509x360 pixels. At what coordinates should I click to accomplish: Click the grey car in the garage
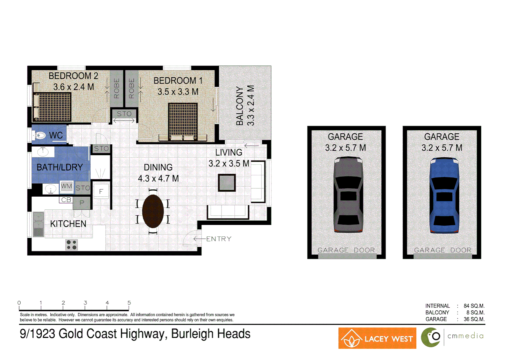348,195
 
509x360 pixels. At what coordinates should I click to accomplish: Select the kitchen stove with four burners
71,245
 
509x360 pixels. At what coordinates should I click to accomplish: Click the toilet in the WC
40,136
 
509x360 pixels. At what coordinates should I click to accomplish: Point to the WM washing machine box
66,186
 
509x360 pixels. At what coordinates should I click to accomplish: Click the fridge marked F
101,191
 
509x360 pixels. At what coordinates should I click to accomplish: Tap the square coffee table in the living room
227,183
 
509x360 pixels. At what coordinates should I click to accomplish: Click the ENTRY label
219,239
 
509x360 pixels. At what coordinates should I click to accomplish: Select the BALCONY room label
240,106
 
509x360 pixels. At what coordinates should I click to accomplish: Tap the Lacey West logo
377,338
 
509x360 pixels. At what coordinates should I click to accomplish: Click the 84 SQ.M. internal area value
474,306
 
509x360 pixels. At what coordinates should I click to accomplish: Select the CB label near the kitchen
66,200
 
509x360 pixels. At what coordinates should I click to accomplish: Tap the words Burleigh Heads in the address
211,334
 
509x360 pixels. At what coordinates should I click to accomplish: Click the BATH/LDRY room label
60,167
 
